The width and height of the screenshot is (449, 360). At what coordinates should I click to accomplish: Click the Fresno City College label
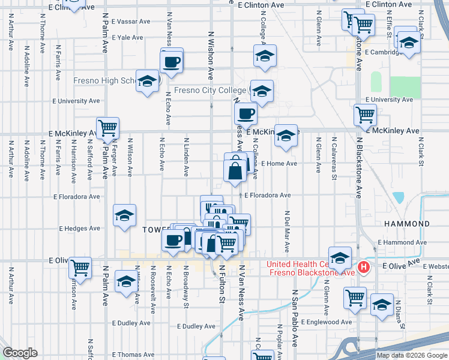(x=210, y=91)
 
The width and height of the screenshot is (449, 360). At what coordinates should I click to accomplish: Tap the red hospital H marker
(x=363, y=268)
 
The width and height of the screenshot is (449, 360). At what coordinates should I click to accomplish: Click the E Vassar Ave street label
(x=130, y=21)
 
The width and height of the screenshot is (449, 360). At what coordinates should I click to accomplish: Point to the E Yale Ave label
(x=127, y=37)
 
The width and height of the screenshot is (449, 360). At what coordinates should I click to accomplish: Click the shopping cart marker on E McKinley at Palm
(x=108, y=127)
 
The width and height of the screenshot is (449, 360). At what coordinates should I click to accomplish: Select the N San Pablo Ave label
(x=295, y=319)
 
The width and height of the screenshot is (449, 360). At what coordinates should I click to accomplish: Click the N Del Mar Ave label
(x=288, y=231)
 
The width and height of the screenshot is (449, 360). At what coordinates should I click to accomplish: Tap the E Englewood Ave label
(x=327, y=322)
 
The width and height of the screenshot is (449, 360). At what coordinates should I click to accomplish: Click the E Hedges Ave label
(x=79, y=229)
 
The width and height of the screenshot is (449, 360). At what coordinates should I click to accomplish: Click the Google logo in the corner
(x=20, y=353)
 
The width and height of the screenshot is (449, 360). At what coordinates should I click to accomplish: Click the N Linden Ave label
(x=186, y=157)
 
